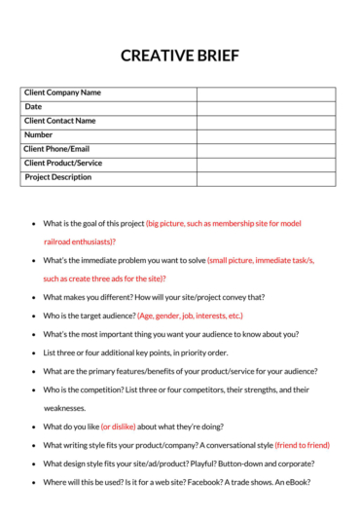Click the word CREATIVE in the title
pos(156,56)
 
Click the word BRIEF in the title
pos(217,56)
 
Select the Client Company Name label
pos(62,93)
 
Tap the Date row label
pos(33,107)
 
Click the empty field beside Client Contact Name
pos(266,122)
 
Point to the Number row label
pos(39,135)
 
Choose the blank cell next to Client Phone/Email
pos(266,150)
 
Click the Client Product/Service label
pos(63,164)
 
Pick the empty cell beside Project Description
pos(266,178)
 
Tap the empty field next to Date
pos(266,107)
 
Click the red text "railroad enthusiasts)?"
pos(80,241)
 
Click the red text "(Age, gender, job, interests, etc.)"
pos(190,316)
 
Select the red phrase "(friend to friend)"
pos(302,445)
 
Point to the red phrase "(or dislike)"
pos(119,427)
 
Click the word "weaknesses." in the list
pos(64,408)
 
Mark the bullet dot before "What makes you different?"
pos(34,297)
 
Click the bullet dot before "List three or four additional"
pos(34,353)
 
